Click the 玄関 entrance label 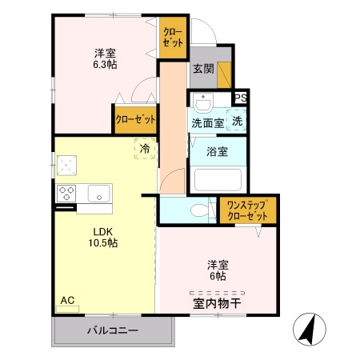[202, 70]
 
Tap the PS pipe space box [240, 98]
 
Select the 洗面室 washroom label [207, 123]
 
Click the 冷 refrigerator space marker [145, 148]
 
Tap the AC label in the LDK [67, 301]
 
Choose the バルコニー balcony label [112, 330]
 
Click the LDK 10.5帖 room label [102, 237]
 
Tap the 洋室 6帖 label [217, 270]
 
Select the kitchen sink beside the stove [99, 193]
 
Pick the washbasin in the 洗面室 [202, 103]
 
